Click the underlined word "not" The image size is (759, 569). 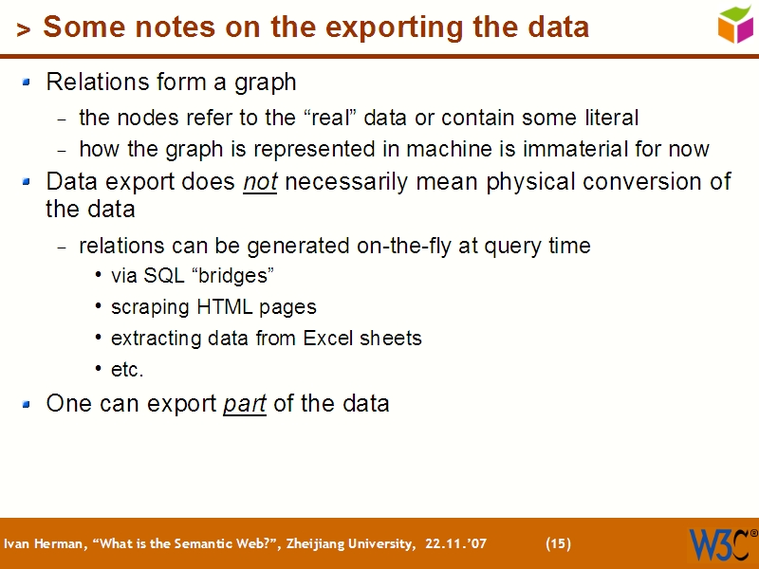(x=260, y=181)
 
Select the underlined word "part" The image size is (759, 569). (x=244, y=404)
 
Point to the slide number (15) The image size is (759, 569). (x=559, y=543)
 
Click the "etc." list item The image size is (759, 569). (x=127, y=369)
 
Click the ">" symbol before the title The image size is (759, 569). (x=24, y=30)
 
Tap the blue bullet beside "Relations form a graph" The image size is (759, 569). (x=28, y=83)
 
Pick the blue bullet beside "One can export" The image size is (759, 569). (x=28, y=405)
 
